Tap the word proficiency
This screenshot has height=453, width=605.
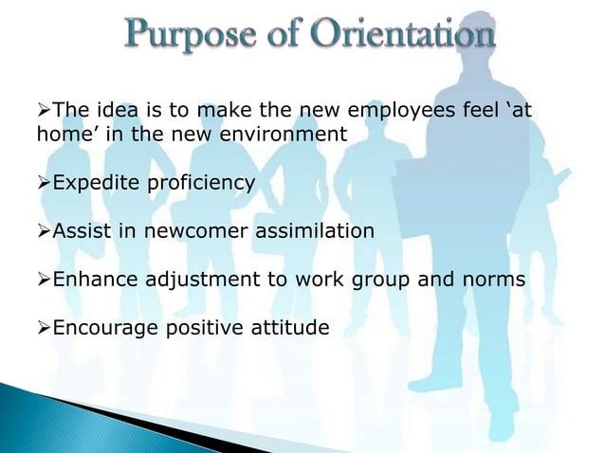pos(200,182)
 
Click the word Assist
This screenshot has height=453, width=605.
pos(80,231)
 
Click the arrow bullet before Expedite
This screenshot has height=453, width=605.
pos(43,182)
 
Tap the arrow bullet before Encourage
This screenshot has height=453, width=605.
pos(43,329)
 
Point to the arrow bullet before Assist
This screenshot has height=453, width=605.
pos(43,231)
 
